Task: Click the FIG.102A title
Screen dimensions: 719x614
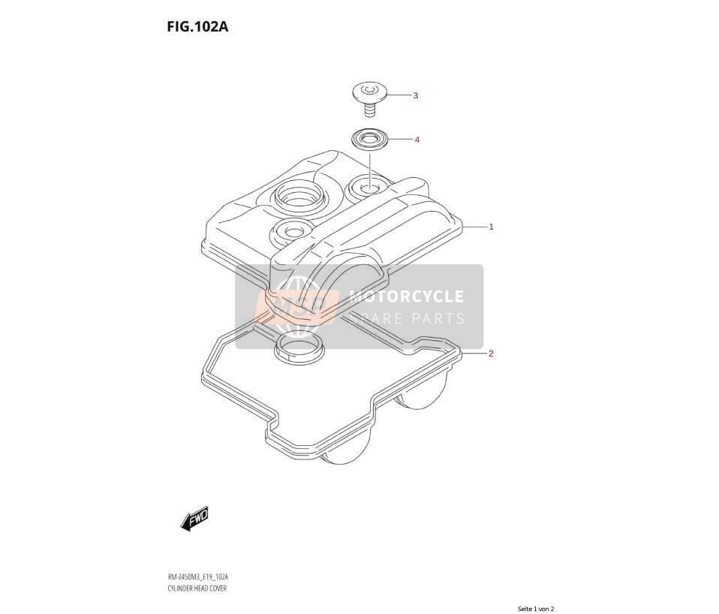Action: pos(197,27)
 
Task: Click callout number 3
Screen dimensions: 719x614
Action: pos(416,96)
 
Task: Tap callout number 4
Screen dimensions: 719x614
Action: pos(417,140)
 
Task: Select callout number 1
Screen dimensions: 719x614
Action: pos(491,227)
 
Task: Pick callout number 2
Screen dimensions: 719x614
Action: pos(491,354)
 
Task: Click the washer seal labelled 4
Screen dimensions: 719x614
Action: pos(369,139)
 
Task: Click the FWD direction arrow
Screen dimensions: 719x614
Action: pos(195,519)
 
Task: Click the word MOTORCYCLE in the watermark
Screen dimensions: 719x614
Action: pos(406,296)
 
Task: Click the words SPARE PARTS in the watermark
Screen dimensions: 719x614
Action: pos(408,318)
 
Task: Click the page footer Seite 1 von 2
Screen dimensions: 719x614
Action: pos(536,609)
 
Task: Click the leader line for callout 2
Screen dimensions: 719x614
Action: pos(474,354)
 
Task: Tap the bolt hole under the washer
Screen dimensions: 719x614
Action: pos(369,187)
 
